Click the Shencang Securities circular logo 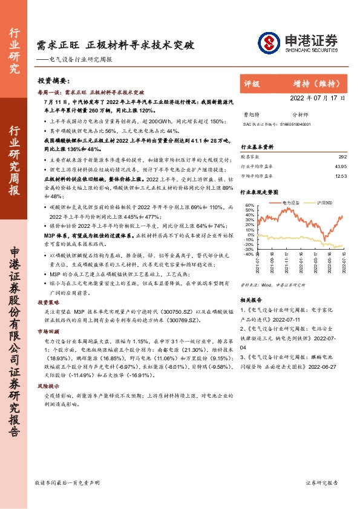269,42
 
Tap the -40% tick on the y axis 247,254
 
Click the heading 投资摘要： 54,80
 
